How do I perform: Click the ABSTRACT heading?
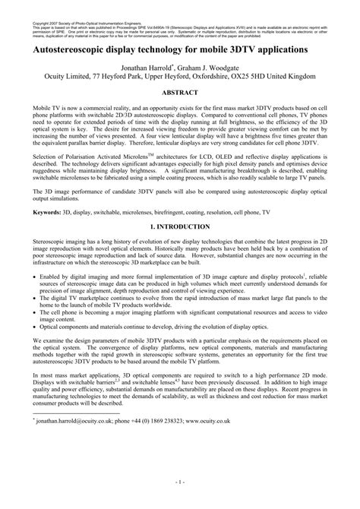180,90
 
